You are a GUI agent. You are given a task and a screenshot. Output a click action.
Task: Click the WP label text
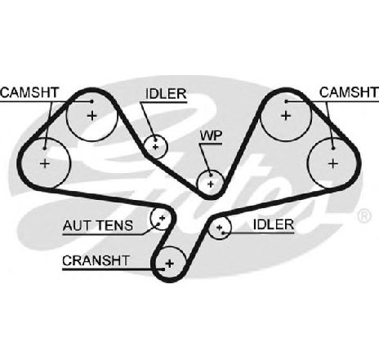click(x=211, y=136)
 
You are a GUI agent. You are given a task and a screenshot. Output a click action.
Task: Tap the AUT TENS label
click(x=98, y=225)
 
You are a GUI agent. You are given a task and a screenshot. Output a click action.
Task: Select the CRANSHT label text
click(x=96, y=260)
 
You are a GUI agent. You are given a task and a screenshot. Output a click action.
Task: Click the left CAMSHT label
click(x=29, y=92)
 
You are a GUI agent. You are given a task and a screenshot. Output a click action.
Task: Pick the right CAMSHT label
click(x=349, y=92)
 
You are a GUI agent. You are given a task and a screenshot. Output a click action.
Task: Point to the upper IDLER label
click(x=166, y=94)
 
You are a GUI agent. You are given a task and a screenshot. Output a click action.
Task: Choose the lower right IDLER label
click(x=274, y=224)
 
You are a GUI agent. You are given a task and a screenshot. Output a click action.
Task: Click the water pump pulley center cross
click(x=211, y=184)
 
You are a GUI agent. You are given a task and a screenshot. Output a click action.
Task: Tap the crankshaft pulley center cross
click(x=170, y=264)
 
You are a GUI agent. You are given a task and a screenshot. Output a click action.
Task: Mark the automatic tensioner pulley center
click(x=163, y=218)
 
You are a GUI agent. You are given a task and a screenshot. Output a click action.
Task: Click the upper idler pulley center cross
click(x=155, y=147)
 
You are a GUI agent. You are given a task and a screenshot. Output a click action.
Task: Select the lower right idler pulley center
click(x=220, y=228)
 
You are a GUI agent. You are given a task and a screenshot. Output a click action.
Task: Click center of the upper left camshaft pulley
click(x=92, y=116)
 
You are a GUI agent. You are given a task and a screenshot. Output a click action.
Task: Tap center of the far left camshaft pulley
click(x=45, y=163)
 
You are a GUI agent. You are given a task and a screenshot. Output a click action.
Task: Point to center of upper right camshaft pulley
click(x=286, y=116)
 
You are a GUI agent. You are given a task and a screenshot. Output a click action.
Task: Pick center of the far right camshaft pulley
click(x=332, y=163)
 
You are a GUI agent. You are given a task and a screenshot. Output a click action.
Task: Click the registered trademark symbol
click(x=364, y=216)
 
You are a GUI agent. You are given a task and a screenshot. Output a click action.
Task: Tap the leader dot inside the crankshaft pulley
click(x=163, y=269)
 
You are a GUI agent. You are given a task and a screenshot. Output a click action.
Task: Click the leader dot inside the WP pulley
click(x=210, y=176)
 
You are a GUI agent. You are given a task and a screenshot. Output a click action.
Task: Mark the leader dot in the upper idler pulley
click(x=156, y=140)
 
